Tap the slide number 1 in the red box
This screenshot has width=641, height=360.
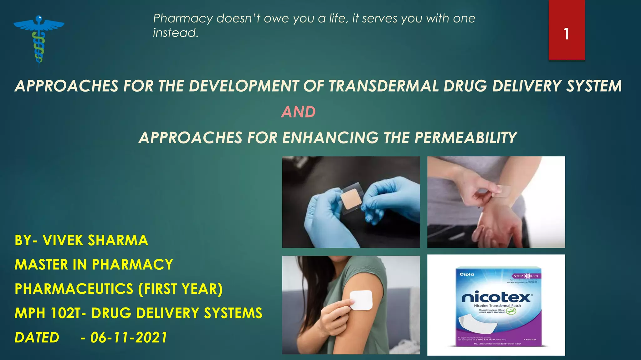point(566,34)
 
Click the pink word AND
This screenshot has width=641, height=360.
point(298,112)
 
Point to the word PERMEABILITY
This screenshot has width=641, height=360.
point(465,138)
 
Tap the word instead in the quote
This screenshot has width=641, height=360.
point(175,33)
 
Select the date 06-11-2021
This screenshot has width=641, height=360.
point(129,337)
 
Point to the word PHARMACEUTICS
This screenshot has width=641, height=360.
point(74,289)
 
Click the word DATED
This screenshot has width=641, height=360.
point(37,337)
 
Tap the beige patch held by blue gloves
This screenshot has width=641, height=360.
point(351,199)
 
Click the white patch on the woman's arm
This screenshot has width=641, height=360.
point(361,300)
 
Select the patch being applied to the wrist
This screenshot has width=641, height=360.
point(502,191)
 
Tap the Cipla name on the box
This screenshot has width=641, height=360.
point(467,274)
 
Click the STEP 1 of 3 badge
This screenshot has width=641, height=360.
point(526,276)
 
